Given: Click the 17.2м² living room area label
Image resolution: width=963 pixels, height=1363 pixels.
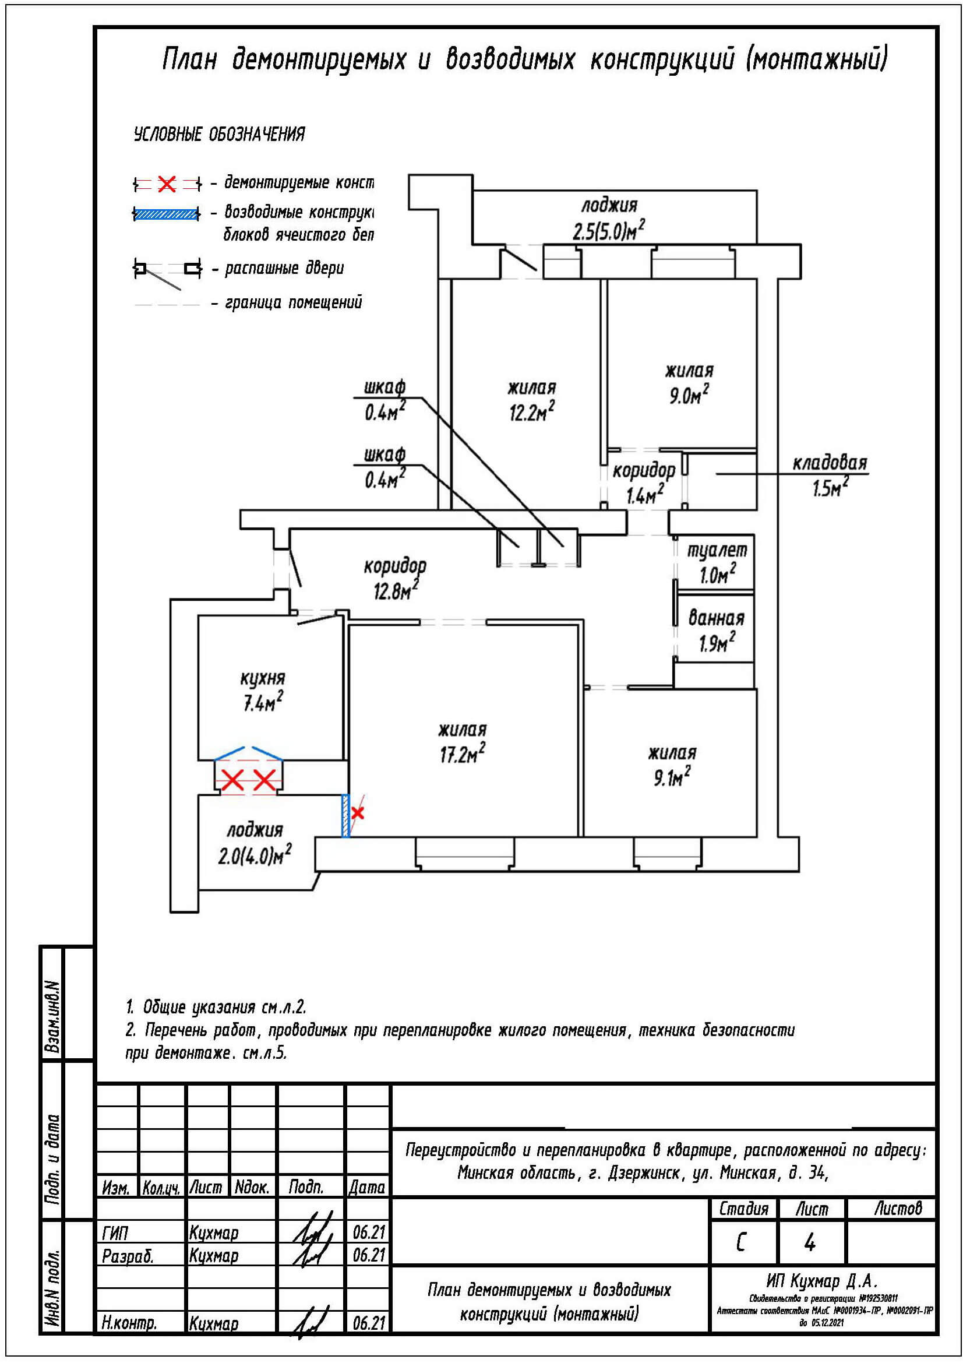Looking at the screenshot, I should coord(462,742).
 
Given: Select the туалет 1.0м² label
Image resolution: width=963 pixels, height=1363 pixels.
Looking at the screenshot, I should coord(717,562).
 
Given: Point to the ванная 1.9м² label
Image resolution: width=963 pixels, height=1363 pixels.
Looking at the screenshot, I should coord(716,631).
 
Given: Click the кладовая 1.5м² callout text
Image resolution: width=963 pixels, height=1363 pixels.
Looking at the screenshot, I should coord(830,475).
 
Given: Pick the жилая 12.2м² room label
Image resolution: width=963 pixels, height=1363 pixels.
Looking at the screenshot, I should coord(532,400).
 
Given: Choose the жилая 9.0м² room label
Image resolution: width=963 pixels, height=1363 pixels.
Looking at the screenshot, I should coord(689,383).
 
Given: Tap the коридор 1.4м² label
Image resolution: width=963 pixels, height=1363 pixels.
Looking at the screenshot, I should coord(644,482).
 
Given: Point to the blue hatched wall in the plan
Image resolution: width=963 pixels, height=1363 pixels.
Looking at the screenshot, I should coord(345,816).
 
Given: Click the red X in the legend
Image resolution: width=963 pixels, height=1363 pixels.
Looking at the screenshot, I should coord(167,184).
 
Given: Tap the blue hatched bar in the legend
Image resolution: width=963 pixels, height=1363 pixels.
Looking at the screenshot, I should coord(167,214).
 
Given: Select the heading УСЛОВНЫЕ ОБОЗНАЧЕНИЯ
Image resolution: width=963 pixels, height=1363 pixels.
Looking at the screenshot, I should coord(220,135).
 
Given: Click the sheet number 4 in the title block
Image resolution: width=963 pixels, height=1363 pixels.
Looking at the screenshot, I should coord(810,1242).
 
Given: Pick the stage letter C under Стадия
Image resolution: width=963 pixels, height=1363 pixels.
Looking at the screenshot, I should coord(741,1242).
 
